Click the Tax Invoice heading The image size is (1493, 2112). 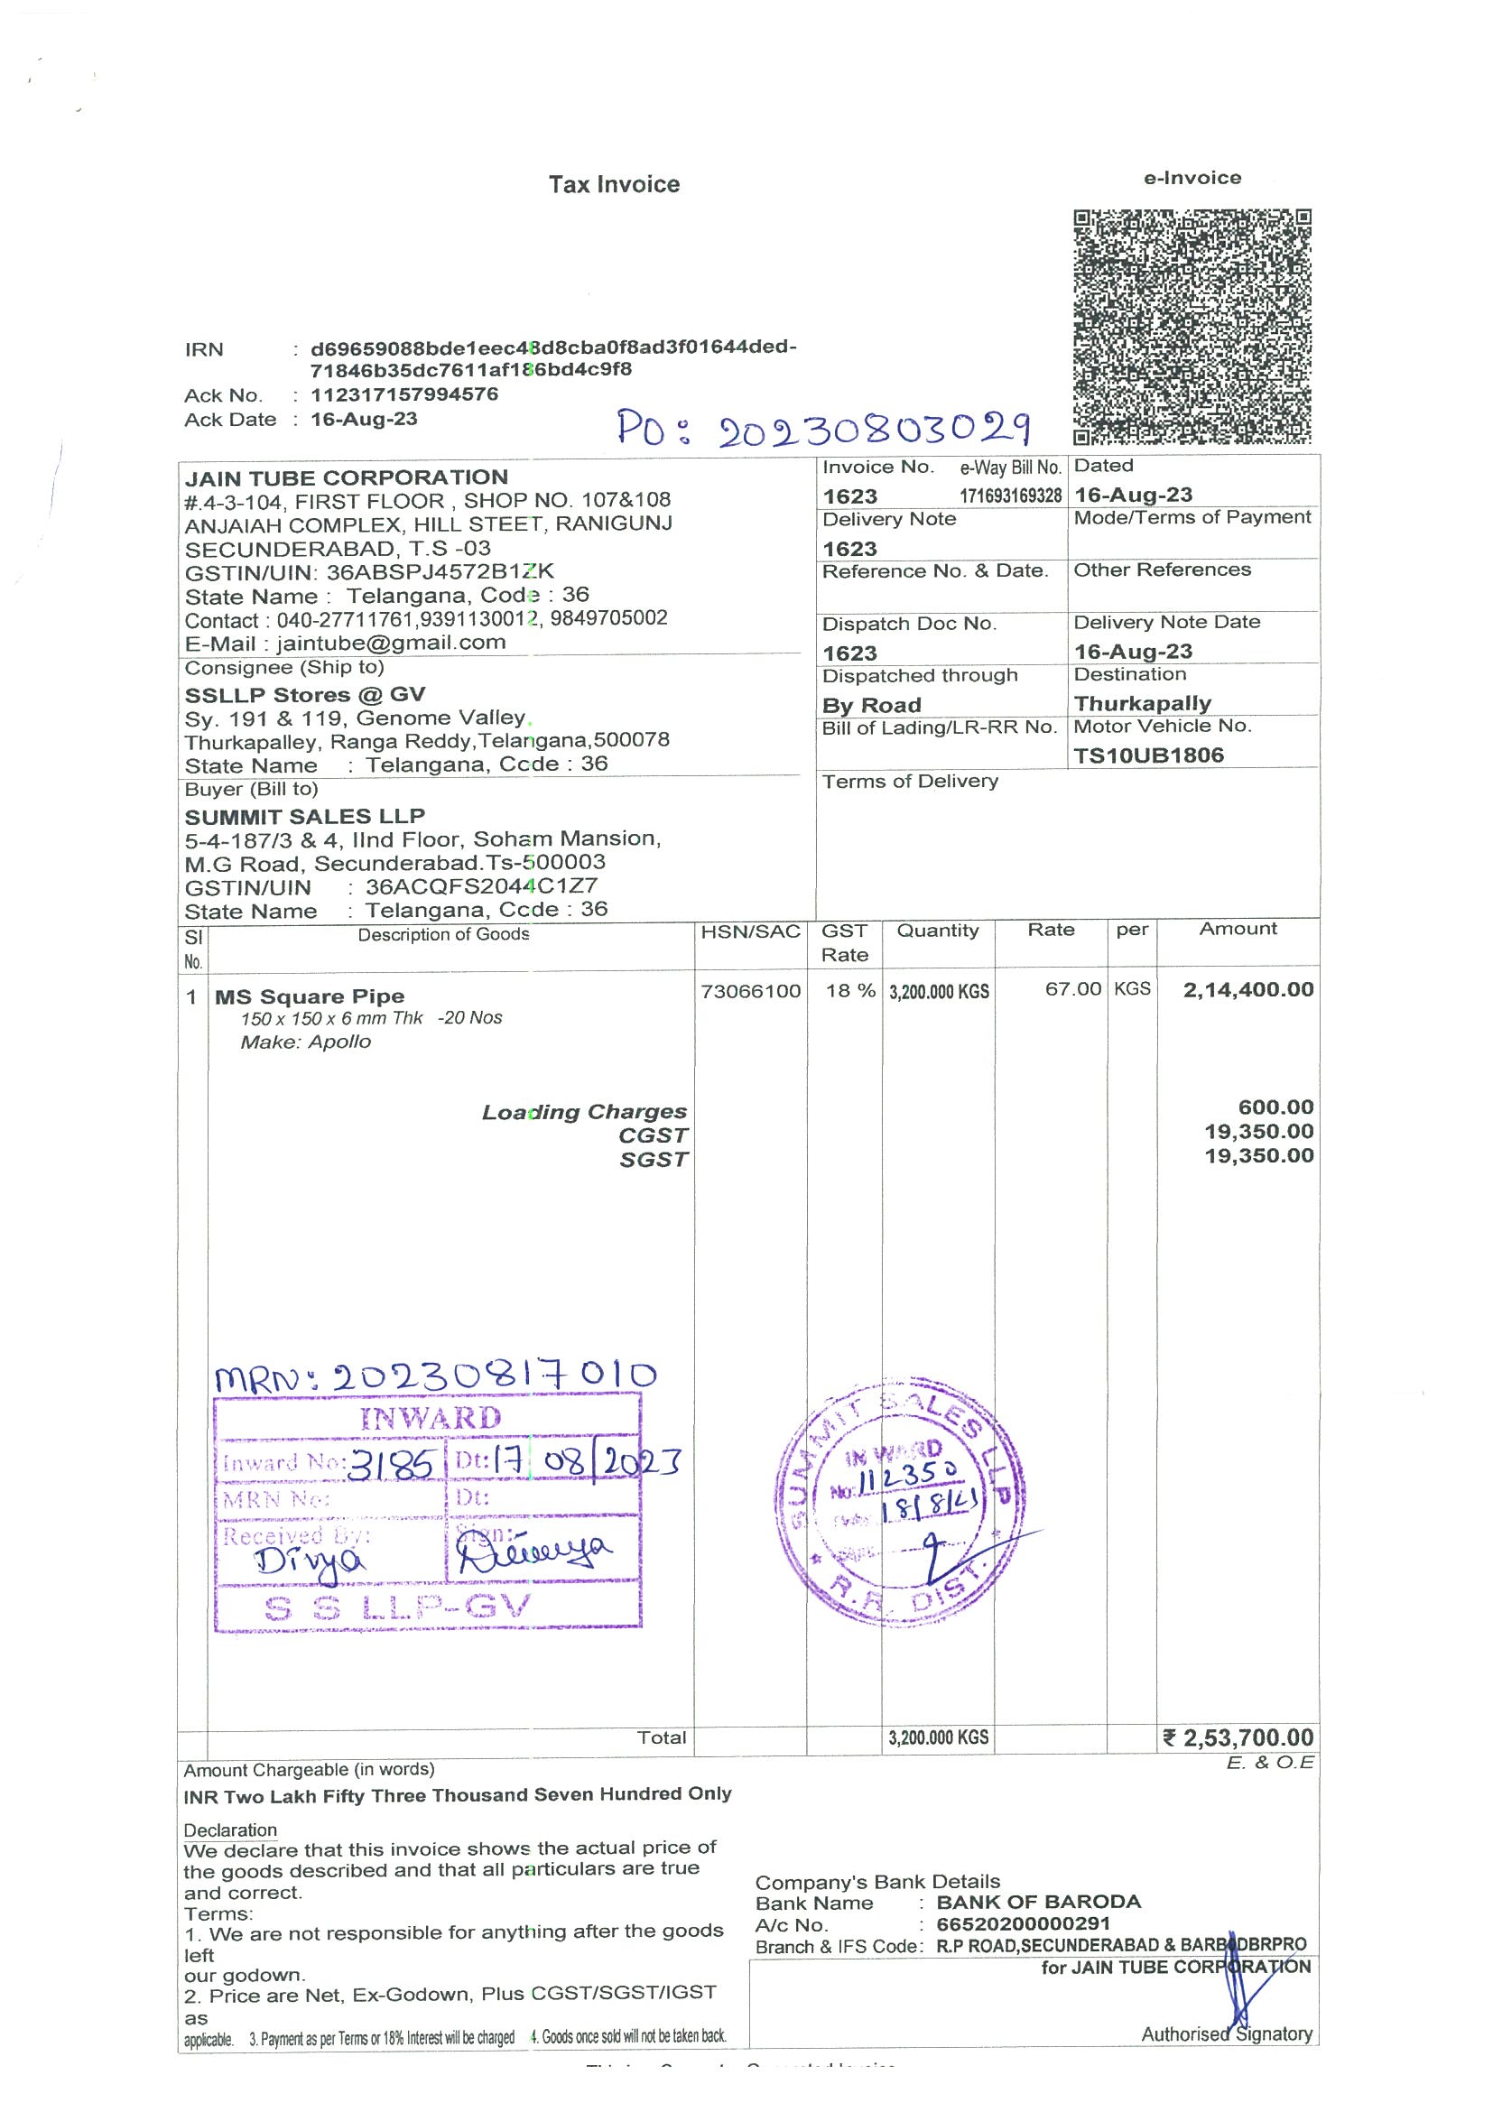click(614, 184)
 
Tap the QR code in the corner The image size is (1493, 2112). click(1192, 327)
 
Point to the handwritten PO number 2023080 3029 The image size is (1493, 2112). click(823, 429)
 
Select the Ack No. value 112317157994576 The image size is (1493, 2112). click(403, 394)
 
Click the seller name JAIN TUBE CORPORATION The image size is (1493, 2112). click(346, 477)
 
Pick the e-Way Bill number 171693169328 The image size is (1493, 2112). click(1010, 496)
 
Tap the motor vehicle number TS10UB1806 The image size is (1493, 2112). click(1148, 755)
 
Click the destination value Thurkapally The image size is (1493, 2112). click(1142, 704)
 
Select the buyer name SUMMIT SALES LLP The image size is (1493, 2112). click(304, 816)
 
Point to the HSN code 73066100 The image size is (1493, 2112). click(750, 991)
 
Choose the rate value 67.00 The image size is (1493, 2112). click(1072, 989)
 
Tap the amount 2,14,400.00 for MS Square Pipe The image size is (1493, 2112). click(1247, 990)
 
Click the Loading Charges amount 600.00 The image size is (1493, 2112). click(1275, 1107)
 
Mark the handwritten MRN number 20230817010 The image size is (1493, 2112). click(435, 1376)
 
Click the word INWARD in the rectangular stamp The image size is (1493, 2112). click(431, 1418)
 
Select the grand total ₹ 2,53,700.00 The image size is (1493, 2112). click(1238, 1737)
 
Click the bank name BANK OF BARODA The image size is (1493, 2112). click(1038, 1902)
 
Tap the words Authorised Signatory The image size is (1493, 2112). click(1226, 2033)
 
